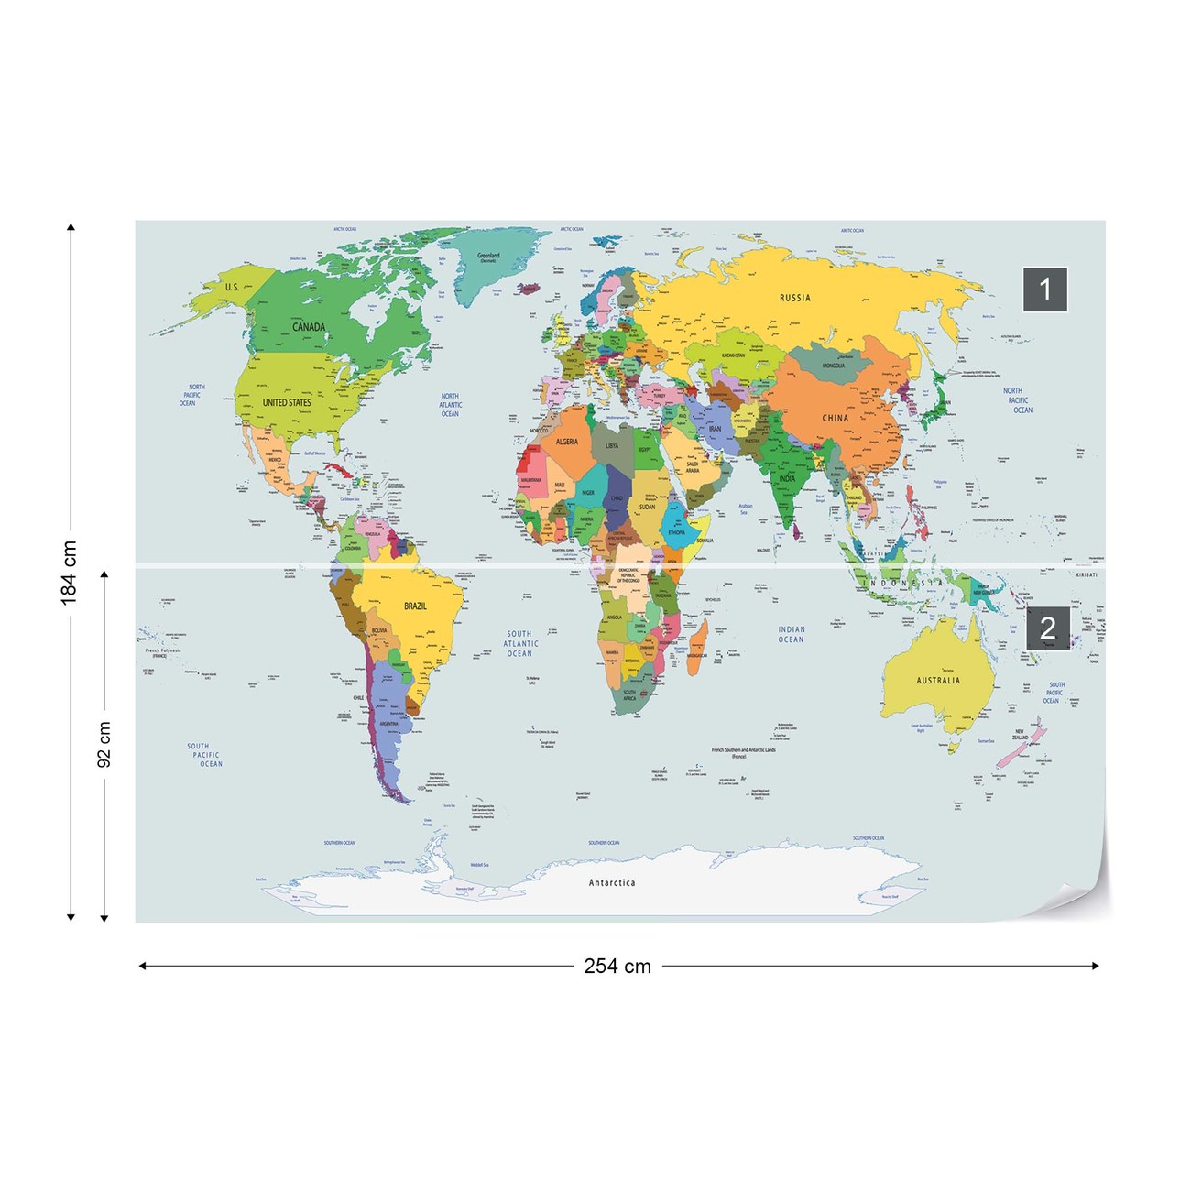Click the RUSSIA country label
[794, 298]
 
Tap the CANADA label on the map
[309, 327]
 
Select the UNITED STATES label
[287, 402]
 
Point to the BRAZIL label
[415, 606]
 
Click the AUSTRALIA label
[938, 681]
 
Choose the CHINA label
[835, 418]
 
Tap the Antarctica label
[611, 883]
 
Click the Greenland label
[488, 257]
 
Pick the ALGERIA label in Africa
[567, 442]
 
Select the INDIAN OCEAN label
[791, 635]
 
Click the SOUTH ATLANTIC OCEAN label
[519, 643]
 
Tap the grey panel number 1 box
[1045, 290]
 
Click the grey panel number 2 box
[1047, 628]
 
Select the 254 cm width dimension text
[617, 966]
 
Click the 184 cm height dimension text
[70, 572]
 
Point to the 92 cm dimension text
[104, 744]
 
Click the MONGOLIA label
[833, 366]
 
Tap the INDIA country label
[787, 479]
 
